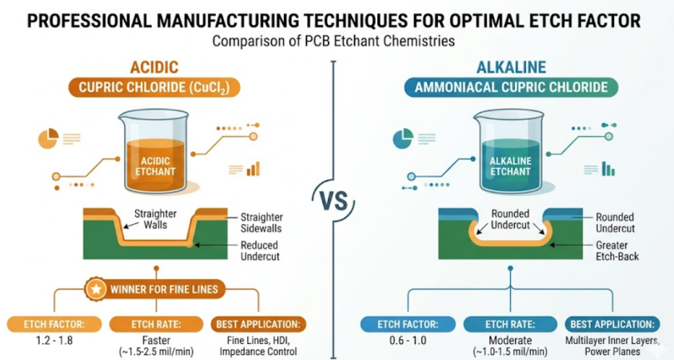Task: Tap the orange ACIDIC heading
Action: (x=154, y=67)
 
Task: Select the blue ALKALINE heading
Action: (x=511, y=67)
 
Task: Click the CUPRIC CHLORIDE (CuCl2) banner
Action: (x=154, y=88)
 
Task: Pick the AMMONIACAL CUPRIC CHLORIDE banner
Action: (x=511, y=88)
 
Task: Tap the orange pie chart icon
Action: (x=49, y=138)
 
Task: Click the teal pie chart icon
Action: (x=403, y=138)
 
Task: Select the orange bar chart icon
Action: (x=253, y=169)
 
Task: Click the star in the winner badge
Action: (x=96, y=289)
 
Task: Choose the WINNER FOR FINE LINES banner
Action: (x=155, y=289)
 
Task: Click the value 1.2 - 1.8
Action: (x=54, y=341)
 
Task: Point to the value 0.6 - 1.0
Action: (x=408, y=341)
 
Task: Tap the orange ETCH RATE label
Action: (x=156, y=324)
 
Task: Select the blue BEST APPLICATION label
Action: (x=612, y=324)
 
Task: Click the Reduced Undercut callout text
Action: (x=260, y=250)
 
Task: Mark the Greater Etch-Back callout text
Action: (x=617, y=250)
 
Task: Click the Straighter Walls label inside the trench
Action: (x=155, y=219)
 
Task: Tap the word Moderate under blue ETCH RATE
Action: (x=510, y=340)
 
